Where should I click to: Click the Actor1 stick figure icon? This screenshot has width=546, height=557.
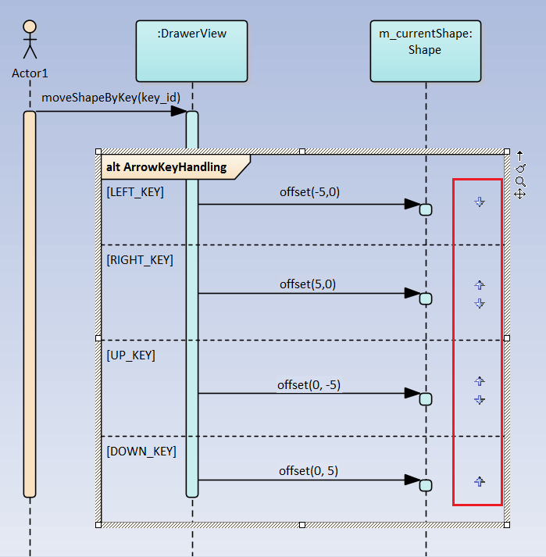(30, 39)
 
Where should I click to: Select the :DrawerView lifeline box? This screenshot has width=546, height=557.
(191, 51)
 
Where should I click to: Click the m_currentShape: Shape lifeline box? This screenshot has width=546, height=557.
(425, 51)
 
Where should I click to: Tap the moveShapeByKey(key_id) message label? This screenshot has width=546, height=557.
(111, 97)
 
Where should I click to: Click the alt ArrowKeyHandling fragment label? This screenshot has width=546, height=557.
(166, 166)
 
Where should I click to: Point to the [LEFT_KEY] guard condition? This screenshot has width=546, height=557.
(134, 191)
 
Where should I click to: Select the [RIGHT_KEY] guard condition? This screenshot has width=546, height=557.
(139, 259)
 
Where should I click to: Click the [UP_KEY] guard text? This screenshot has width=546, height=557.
(130, 355)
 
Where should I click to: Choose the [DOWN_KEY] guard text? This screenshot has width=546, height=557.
(141, 452)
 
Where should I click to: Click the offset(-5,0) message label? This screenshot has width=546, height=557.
(309, 191)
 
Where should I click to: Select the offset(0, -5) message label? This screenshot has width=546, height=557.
(309, 384)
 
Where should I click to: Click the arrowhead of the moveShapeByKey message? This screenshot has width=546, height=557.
(179, 112)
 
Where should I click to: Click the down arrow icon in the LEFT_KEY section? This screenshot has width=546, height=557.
(480, 202)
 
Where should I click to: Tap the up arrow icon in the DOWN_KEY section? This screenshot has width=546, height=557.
(480, 482)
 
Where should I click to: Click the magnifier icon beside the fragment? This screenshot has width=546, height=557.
(520, 180)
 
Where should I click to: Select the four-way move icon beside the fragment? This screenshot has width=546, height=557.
(520, 193)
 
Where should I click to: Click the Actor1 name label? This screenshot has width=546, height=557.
(30, 73)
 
